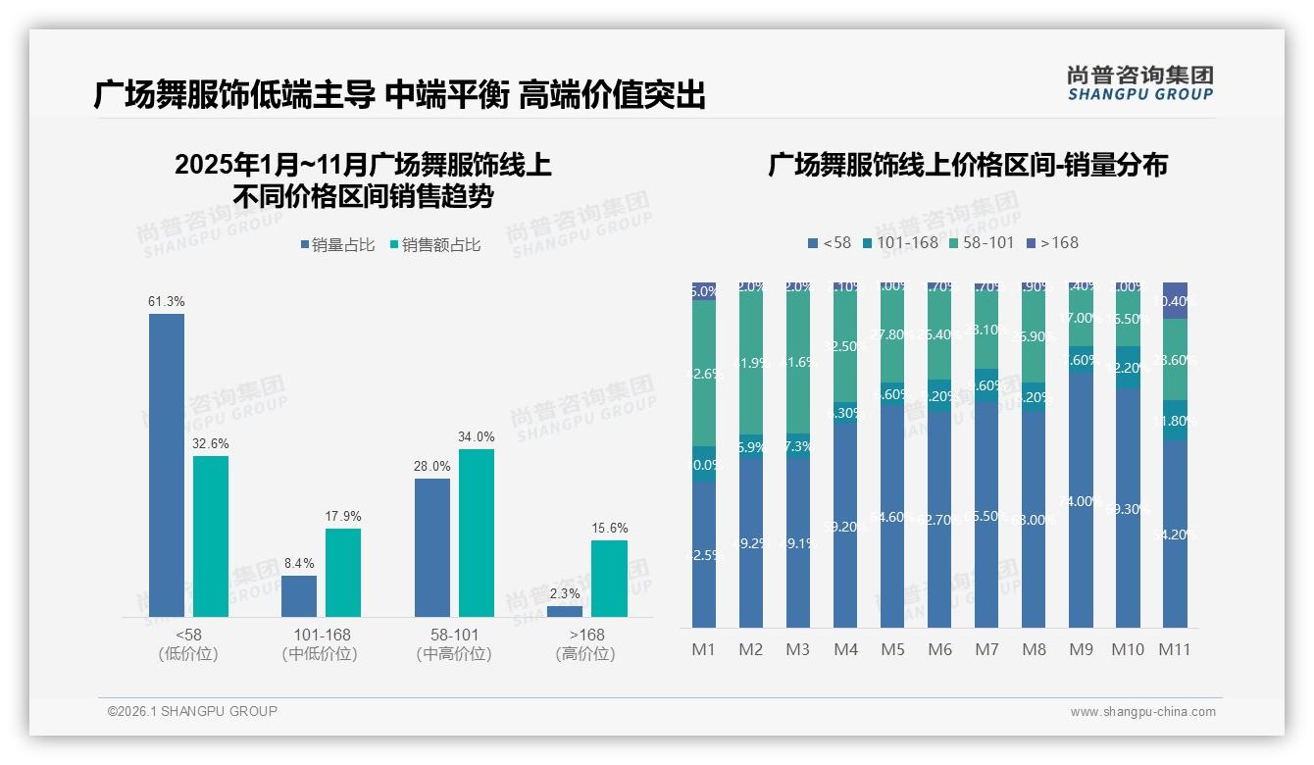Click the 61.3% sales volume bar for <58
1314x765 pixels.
[x=167, y=465]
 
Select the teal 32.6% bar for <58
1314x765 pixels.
[x=211, y=536]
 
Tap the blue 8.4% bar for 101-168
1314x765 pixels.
[x=299, y=596]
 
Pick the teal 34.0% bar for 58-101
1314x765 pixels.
[x=477, y=533]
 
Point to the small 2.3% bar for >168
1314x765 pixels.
[x=565, y=611]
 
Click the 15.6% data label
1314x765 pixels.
[x=610, y=528]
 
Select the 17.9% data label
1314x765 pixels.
[x=343, y=516]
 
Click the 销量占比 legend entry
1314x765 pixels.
[x=336, y=245]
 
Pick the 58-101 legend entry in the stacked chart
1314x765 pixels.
[x=981, y=242]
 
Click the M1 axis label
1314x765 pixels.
[x=704, y=649]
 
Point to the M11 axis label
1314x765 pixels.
[x=1175, y=649]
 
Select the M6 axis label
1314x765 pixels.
[x=939, y=649]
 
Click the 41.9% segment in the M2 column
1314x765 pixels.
[x=751, y=363]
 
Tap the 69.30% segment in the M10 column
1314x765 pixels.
[x=1128, y=508]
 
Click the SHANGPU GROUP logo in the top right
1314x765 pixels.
[x=1139, y=83]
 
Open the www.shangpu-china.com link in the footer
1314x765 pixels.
[x=1142, y=712]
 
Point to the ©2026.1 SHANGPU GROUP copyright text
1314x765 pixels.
[x=192, y=711]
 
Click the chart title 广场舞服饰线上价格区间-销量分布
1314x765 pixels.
[x=968, y=165]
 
